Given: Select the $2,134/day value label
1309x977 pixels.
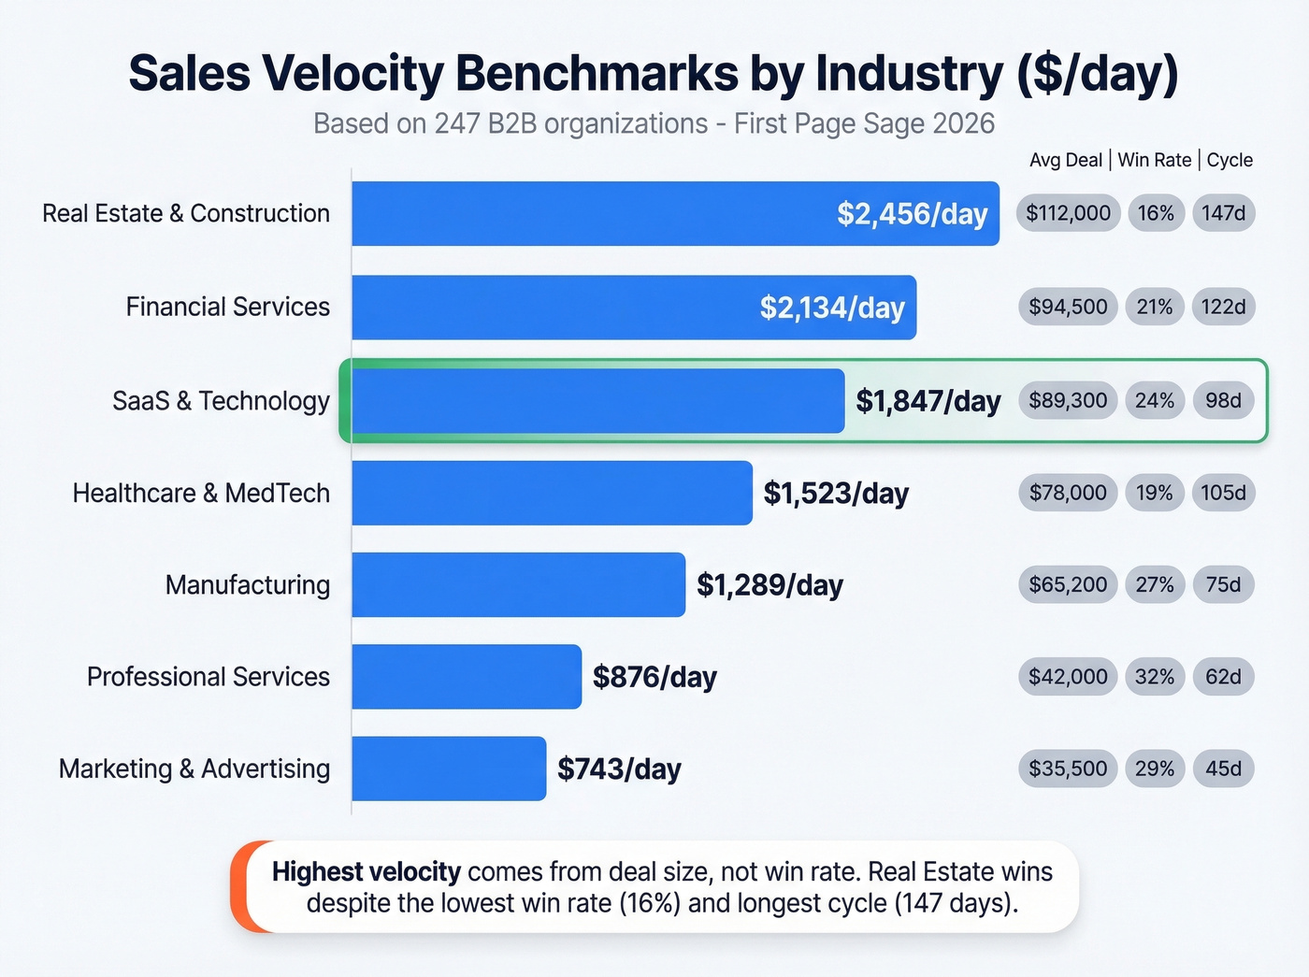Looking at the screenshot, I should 831,308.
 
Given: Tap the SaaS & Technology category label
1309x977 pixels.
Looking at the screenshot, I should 221,401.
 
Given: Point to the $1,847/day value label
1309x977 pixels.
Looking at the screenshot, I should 928,401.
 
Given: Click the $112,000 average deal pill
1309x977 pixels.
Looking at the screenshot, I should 1068,213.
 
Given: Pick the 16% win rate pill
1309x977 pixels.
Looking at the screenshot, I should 1156,213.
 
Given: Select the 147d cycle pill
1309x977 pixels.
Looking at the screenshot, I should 1223,213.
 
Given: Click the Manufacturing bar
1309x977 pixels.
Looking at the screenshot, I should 518,585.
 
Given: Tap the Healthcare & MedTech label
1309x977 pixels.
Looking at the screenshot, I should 201,493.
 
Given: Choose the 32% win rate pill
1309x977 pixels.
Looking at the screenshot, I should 1154,677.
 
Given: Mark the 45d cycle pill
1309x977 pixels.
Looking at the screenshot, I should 1223,769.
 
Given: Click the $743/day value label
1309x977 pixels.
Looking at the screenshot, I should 619,769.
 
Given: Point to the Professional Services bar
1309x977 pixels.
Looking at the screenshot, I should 467,677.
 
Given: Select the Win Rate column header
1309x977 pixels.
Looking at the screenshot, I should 1154,160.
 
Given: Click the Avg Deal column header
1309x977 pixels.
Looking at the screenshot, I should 1066,160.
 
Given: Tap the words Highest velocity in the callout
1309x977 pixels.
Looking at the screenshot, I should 366,871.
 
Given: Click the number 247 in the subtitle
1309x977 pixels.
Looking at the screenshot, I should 457,123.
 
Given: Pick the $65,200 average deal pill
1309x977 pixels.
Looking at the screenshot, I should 1068,585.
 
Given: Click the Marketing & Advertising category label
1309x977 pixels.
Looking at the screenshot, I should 194,769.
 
